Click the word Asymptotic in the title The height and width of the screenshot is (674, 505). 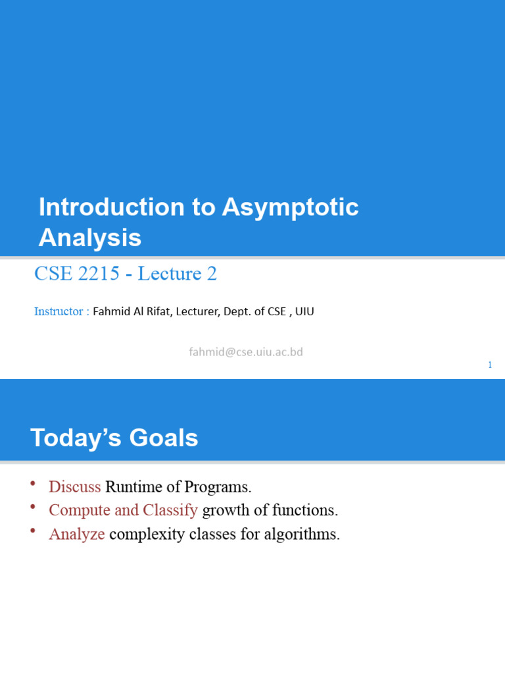(x=290, y=208)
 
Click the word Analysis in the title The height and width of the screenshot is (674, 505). (x=90, y=238)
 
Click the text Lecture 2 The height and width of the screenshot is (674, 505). (x=177, y=274)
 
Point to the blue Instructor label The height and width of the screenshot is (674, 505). (x=59, y=311)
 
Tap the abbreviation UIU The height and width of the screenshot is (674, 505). (x=304, y=311)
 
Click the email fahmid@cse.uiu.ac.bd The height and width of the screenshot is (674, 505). (x=246, y=352)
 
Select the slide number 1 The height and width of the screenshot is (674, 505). (x=490, y=365)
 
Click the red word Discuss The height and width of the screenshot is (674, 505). (x=74, y=487)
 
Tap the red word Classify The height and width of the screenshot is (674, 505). (x=170, y=511)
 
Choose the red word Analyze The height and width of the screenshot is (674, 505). (x=77, y=534)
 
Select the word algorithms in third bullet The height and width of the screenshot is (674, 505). (x=302, y=534)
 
